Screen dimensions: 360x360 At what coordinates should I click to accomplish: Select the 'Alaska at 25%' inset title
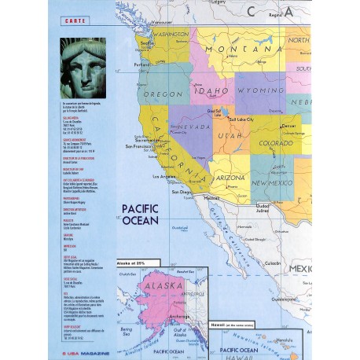(137, 262)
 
